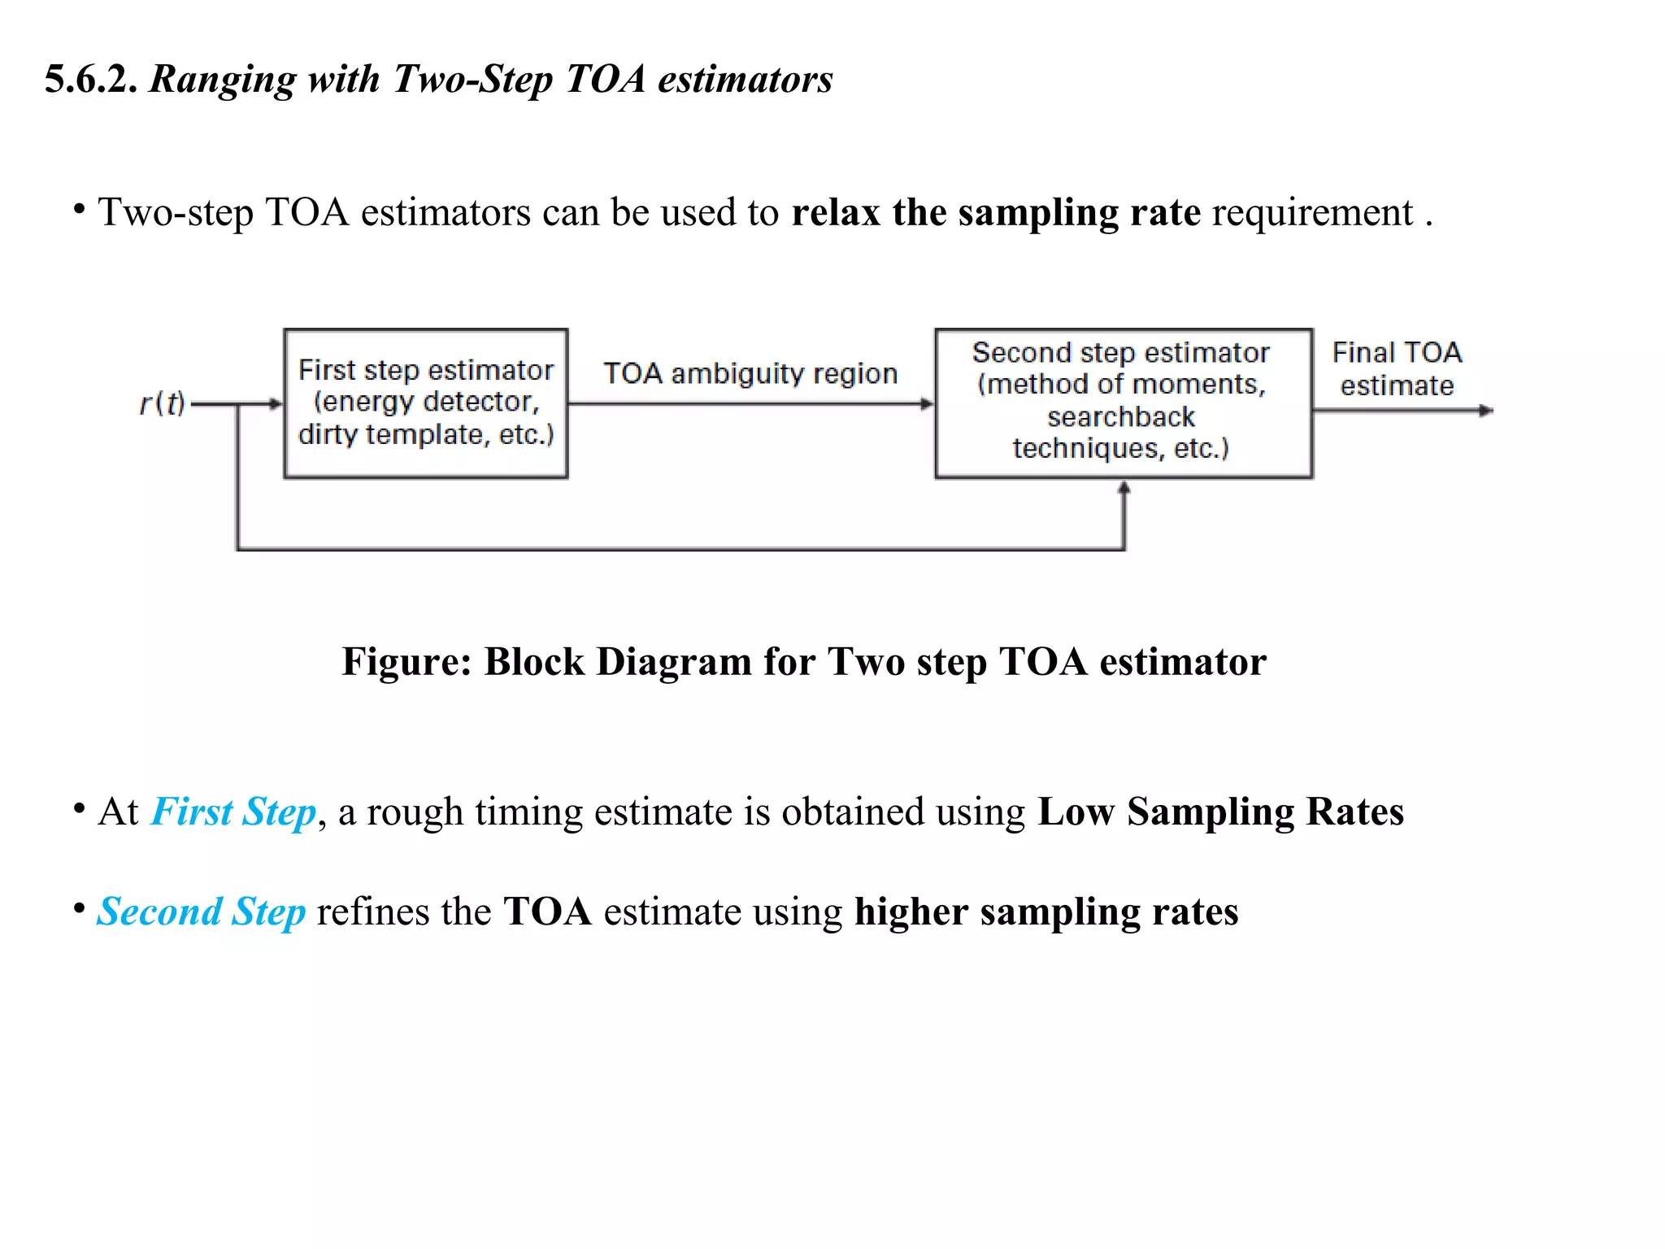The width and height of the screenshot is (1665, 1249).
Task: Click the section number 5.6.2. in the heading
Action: (x=90, y=80)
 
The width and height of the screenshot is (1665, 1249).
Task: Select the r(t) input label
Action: (x=162, y=403)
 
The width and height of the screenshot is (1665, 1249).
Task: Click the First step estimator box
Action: (x=425, y=403)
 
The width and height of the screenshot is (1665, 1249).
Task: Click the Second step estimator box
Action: (x=1123, y=403)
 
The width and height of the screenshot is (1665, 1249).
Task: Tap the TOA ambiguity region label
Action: (x=750, y=373)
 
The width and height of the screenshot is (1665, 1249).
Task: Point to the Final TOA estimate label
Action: (x=1397, y=368)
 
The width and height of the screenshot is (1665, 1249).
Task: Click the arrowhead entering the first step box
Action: (x=276, y=403)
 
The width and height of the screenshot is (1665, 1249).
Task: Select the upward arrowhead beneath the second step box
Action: (x=1124, y=488)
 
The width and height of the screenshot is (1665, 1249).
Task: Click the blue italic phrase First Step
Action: (x=233, y=812)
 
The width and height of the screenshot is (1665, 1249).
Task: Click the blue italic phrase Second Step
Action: (x=202, y=912)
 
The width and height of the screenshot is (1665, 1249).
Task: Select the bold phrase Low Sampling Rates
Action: (x=1220, y=812)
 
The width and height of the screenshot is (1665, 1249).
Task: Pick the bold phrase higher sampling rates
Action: (x=1046, y=912)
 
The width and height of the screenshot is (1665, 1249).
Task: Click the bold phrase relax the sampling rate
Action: (x=995, y=212)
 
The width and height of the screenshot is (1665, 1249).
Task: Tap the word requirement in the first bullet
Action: (x=1312, y=212)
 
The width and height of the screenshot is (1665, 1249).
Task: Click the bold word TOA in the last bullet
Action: (x=547, y=912)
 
